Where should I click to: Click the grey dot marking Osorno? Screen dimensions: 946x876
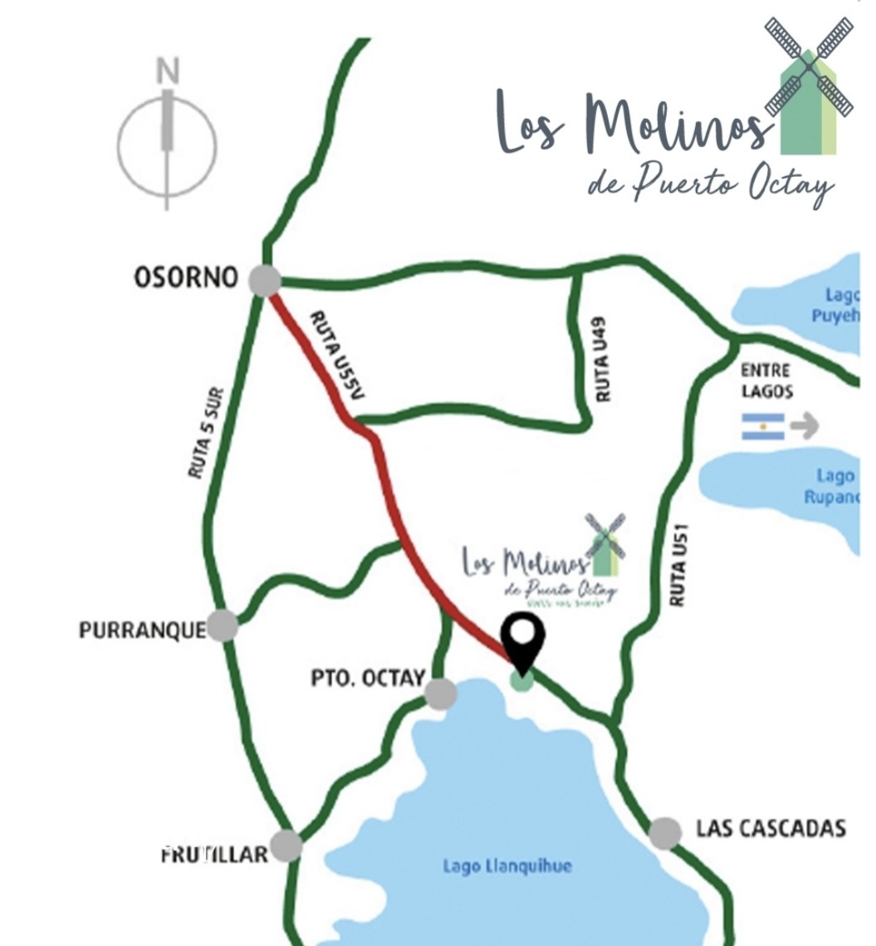click(265, 280)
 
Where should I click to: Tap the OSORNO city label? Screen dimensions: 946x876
click(186, 277)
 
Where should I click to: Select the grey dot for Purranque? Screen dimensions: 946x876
click(223, 625)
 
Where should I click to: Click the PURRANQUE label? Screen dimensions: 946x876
click(142, 630)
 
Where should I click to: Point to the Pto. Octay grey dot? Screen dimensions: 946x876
click(440, 693)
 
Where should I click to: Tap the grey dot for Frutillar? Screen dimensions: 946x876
click(286, 846)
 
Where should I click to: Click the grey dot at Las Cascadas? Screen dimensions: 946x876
click(665, 832)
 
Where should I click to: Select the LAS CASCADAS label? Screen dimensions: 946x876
click(771, 828)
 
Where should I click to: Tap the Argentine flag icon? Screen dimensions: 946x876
click(763, 426)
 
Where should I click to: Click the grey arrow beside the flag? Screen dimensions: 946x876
click(804, 426)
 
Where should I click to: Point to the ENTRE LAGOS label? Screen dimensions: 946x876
click(766, 380)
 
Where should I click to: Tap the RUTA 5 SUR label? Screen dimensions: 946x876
click(206, 439)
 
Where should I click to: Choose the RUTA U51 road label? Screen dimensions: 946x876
click(679, 567)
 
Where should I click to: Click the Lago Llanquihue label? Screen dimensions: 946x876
click(507, 866)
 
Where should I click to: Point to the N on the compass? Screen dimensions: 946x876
click(169, 73)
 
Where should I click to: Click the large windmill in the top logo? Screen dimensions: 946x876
click(809, 86)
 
